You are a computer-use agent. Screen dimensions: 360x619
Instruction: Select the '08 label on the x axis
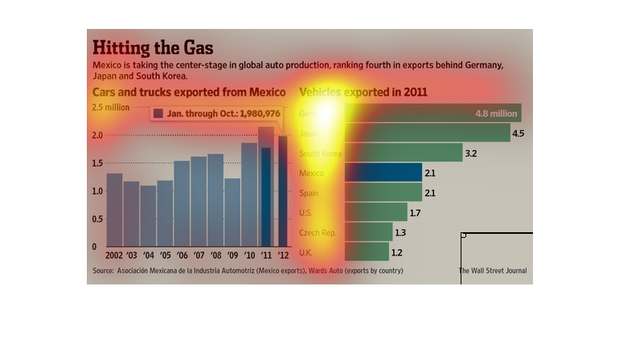click(215, 255)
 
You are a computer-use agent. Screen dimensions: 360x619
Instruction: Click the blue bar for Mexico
click(383, 173)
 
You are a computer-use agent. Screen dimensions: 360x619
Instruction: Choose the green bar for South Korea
click(404, 153)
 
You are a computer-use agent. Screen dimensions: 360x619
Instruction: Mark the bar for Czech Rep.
click(369, 232)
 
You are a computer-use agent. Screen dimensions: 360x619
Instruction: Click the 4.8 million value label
click(495, 113)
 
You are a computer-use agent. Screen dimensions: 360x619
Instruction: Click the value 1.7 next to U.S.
click(415, 213)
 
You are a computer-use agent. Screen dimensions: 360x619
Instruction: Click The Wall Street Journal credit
click(492, 271)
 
